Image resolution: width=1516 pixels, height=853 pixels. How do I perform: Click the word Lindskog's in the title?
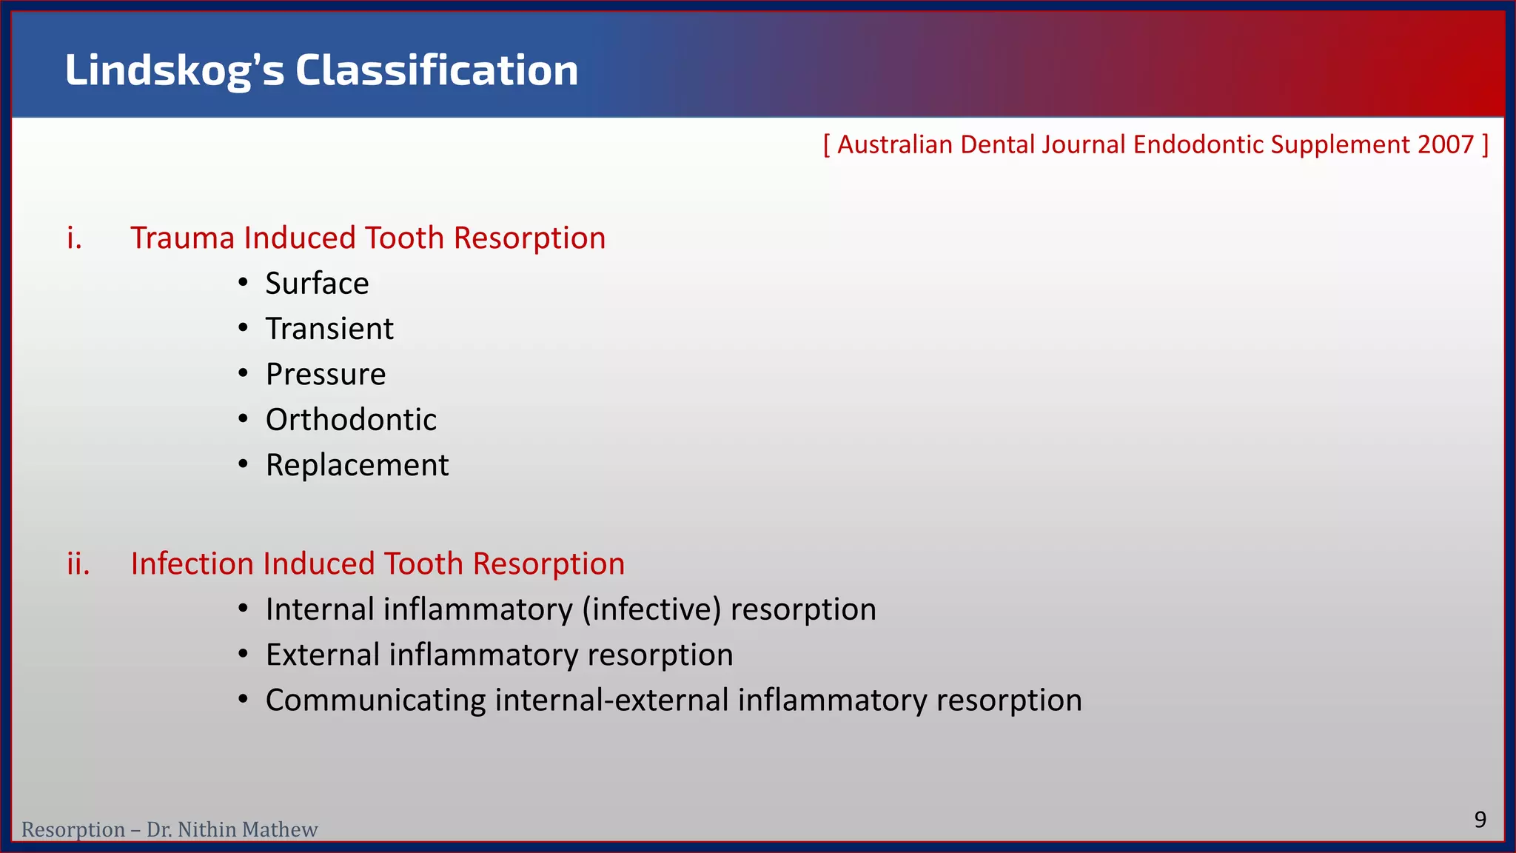click(x=174, y=71)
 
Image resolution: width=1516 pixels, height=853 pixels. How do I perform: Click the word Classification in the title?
click(x=437, y=71)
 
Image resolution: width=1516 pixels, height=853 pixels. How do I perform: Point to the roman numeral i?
click(x=74, y=238)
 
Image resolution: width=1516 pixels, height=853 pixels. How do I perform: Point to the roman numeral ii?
click(x=78, y=564)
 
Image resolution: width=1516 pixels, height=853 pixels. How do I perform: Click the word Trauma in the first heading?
click(x=182, y=238)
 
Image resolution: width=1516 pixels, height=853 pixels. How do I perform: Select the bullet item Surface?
click(x=317, y=284)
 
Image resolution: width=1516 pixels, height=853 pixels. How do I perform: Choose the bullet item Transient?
click(x=329, y=329)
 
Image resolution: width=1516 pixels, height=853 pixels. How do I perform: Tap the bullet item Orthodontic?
click(x=351, y=420)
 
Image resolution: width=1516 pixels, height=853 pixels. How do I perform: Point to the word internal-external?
click(x=611, y=700)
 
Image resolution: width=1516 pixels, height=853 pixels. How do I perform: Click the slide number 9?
click(x=1480, y=820)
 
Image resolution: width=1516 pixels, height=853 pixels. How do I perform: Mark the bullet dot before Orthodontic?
click(x=243, y=419)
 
